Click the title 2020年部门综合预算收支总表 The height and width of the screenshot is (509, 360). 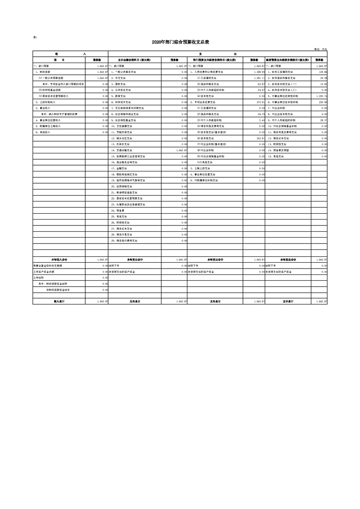point(180,42)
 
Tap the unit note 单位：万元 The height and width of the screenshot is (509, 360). point(321,49)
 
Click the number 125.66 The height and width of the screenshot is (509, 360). point(323,72)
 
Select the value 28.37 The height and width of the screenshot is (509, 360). point(323,120)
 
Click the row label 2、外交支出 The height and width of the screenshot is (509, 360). point(119,78)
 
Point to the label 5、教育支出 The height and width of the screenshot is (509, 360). point(119,96)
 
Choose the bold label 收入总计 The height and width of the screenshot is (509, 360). point(59,301)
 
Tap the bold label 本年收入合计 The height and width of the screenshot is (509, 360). point(59,259)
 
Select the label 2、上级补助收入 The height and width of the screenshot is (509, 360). point(46,102)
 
